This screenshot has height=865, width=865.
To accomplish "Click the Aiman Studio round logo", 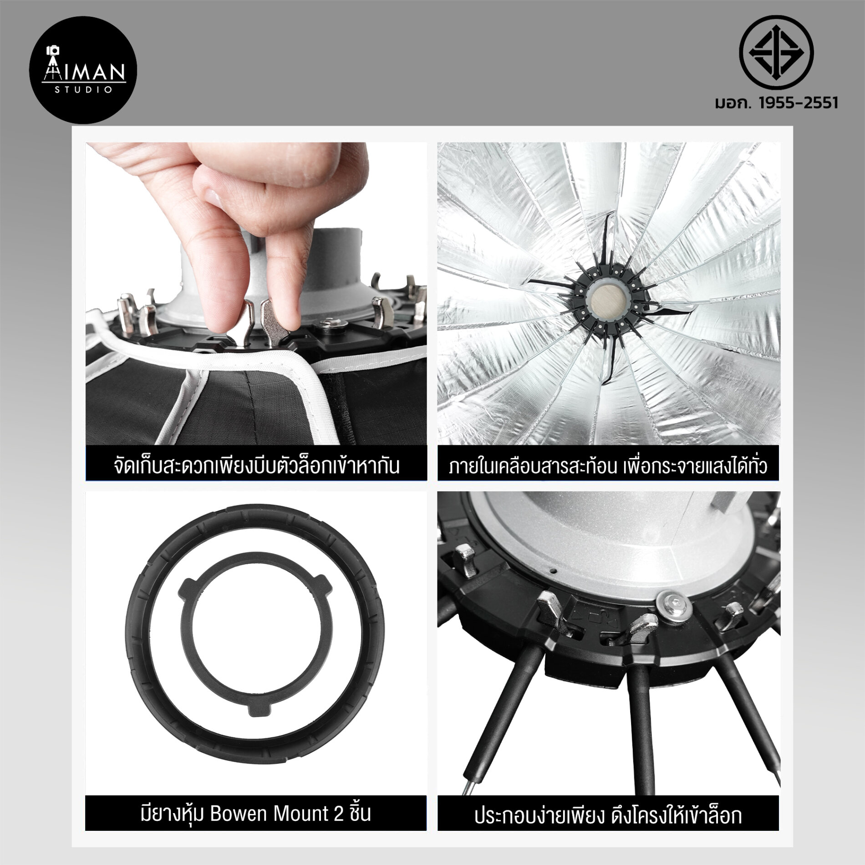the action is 84,71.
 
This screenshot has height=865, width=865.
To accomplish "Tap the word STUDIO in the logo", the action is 84,90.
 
